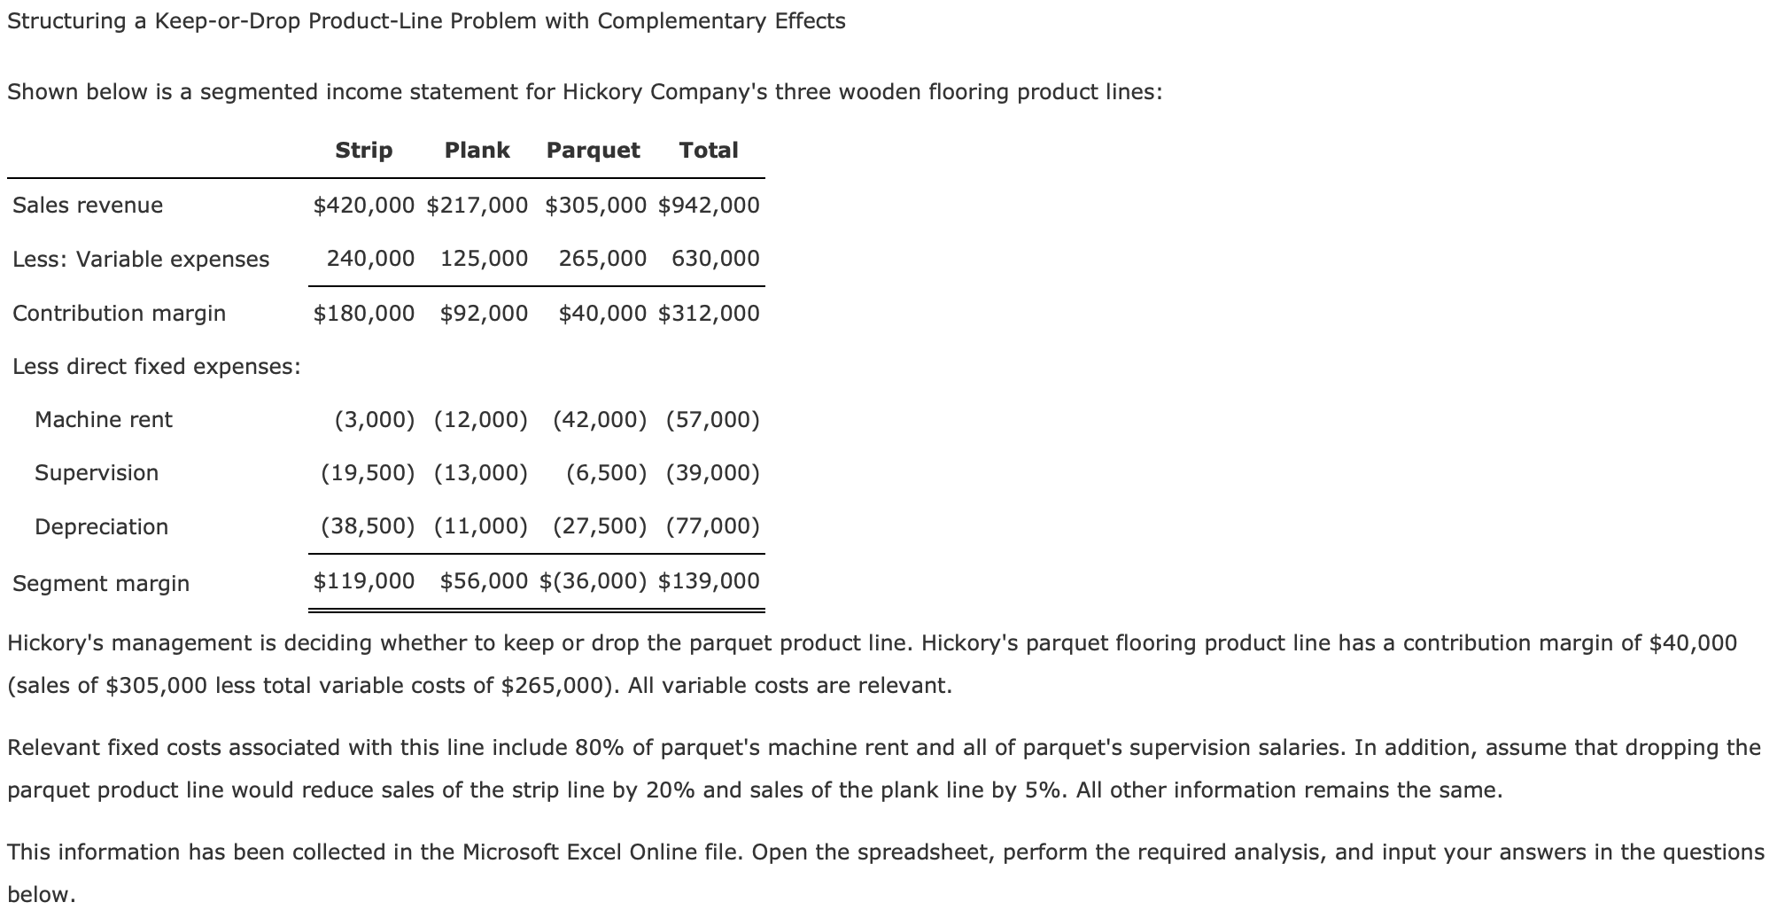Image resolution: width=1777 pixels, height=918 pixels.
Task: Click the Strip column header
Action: pyautogui.click(x=363, y=151)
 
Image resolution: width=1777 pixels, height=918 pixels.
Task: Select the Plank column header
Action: pyautogui.click(x=477, y=151)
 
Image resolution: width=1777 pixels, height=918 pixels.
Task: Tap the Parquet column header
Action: pyautogui.click(x=593, y=151)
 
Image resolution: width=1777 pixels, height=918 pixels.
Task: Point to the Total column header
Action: pyautogui.click(x=708, y=151)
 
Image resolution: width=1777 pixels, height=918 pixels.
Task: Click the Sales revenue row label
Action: pyautogui.click(x=88, y=206)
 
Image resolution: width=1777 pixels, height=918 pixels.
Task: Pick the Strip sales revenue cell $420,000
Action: pyautogui.click(x=363, y=206)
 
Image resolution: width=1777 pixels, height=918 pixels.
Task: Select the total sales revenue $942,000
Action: pyautogui.click(x=709, y=206)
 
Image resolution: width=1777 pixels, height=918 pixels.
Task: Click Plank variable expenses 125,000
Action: pyautogui.click(x=484, y=259)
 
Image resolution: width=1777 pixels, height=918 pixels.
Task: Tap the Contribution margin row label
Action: pyautogui.click(x=119, y=313)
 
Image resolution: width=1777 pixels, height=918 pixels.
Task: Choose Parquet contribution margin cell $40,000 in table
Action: pyautogui.click(x=602, y=313)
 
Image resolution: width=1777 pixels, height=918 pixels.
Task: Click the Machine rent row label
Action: pyautogui.click(x=104, y=419)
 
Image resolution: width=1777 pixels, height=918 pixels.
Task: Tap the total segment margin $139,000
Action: pyautogui.click(x=709, y=581)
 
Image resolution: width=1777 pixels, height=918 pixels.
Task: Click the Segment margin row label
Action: pyautogui.click(x=101, y=583)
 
